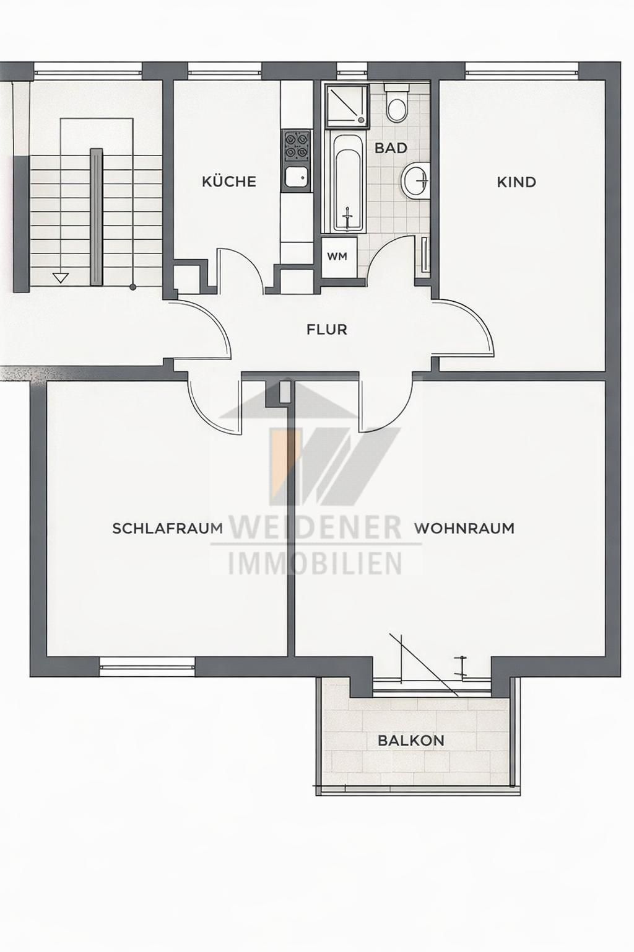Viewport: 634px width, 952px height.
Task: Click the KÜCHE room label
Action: (x=229, y=182)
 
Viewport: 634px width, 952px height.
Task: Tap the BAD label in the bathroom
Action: (x=391, y=148)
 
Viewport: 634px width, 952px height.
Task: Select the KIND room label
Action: (x=516, y=182)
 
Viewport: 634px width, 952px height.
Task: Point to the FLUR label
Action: (x=327, y=330)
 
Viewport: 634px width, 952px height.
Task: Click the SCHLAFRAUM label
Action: (x=167, y=529)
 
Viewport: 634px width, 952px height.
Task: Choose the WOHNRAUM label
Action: (x=464, y=529)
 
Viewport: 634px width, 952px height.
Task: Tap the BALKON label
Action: (x=411, y=741)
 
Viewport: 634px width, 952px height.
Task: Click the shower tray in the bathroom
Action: (x=346, y=105)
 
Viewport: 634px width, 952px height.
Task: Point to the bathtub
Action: (x=347, y=182)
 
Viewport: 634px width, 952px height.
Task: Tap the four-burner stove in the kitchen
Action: (x=296, y=144)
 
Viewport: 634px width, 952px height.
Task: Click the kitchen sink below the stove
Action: (x=296, y=178)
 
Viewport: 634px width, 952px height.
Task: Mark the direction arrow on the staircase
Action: (x=60, y=278)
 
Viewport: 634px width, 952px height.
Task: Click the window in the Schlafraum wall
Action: (x=147, y=667)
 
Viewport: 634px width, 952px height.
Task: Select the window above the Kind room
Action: (x=521, y=69)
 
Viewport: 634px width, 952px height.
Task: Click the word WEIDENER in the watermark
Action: (x=316, y=527)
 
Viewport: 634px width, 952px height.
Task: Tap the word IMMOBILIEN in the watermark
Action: (x=316, y=563)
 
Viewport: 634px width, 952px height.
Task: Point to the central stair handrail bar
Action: (x=96, y=217)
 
